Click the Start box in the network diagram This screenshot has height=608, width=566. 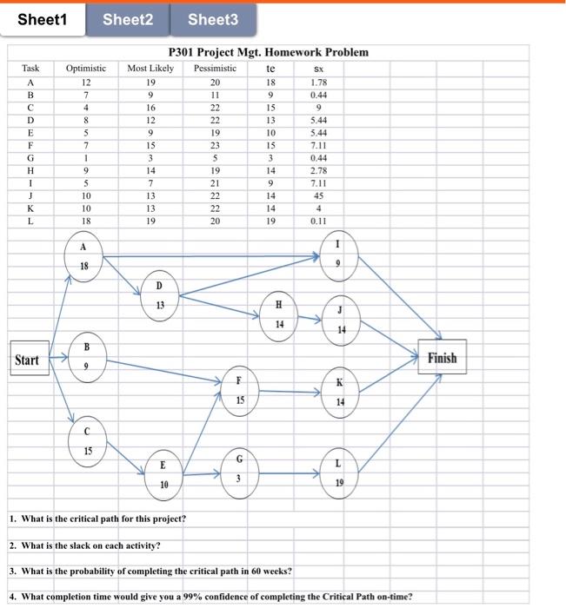pyautogui.click(x=27, y=359)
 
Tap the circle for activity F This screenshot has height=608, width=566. pyautogui.click(x=239, y=391)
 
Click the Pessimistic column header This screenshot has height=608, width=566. pyautogui.click(x=215, y=68)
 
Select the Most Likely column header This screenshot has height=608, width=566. pyautogui.click(x=150, y=68)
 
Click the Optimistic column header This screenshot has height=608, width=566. pyautogui.click(x=85, y=68)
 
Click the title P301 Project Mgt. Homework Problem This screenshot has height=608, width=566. pyautogui.click(x=268, y=52)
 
